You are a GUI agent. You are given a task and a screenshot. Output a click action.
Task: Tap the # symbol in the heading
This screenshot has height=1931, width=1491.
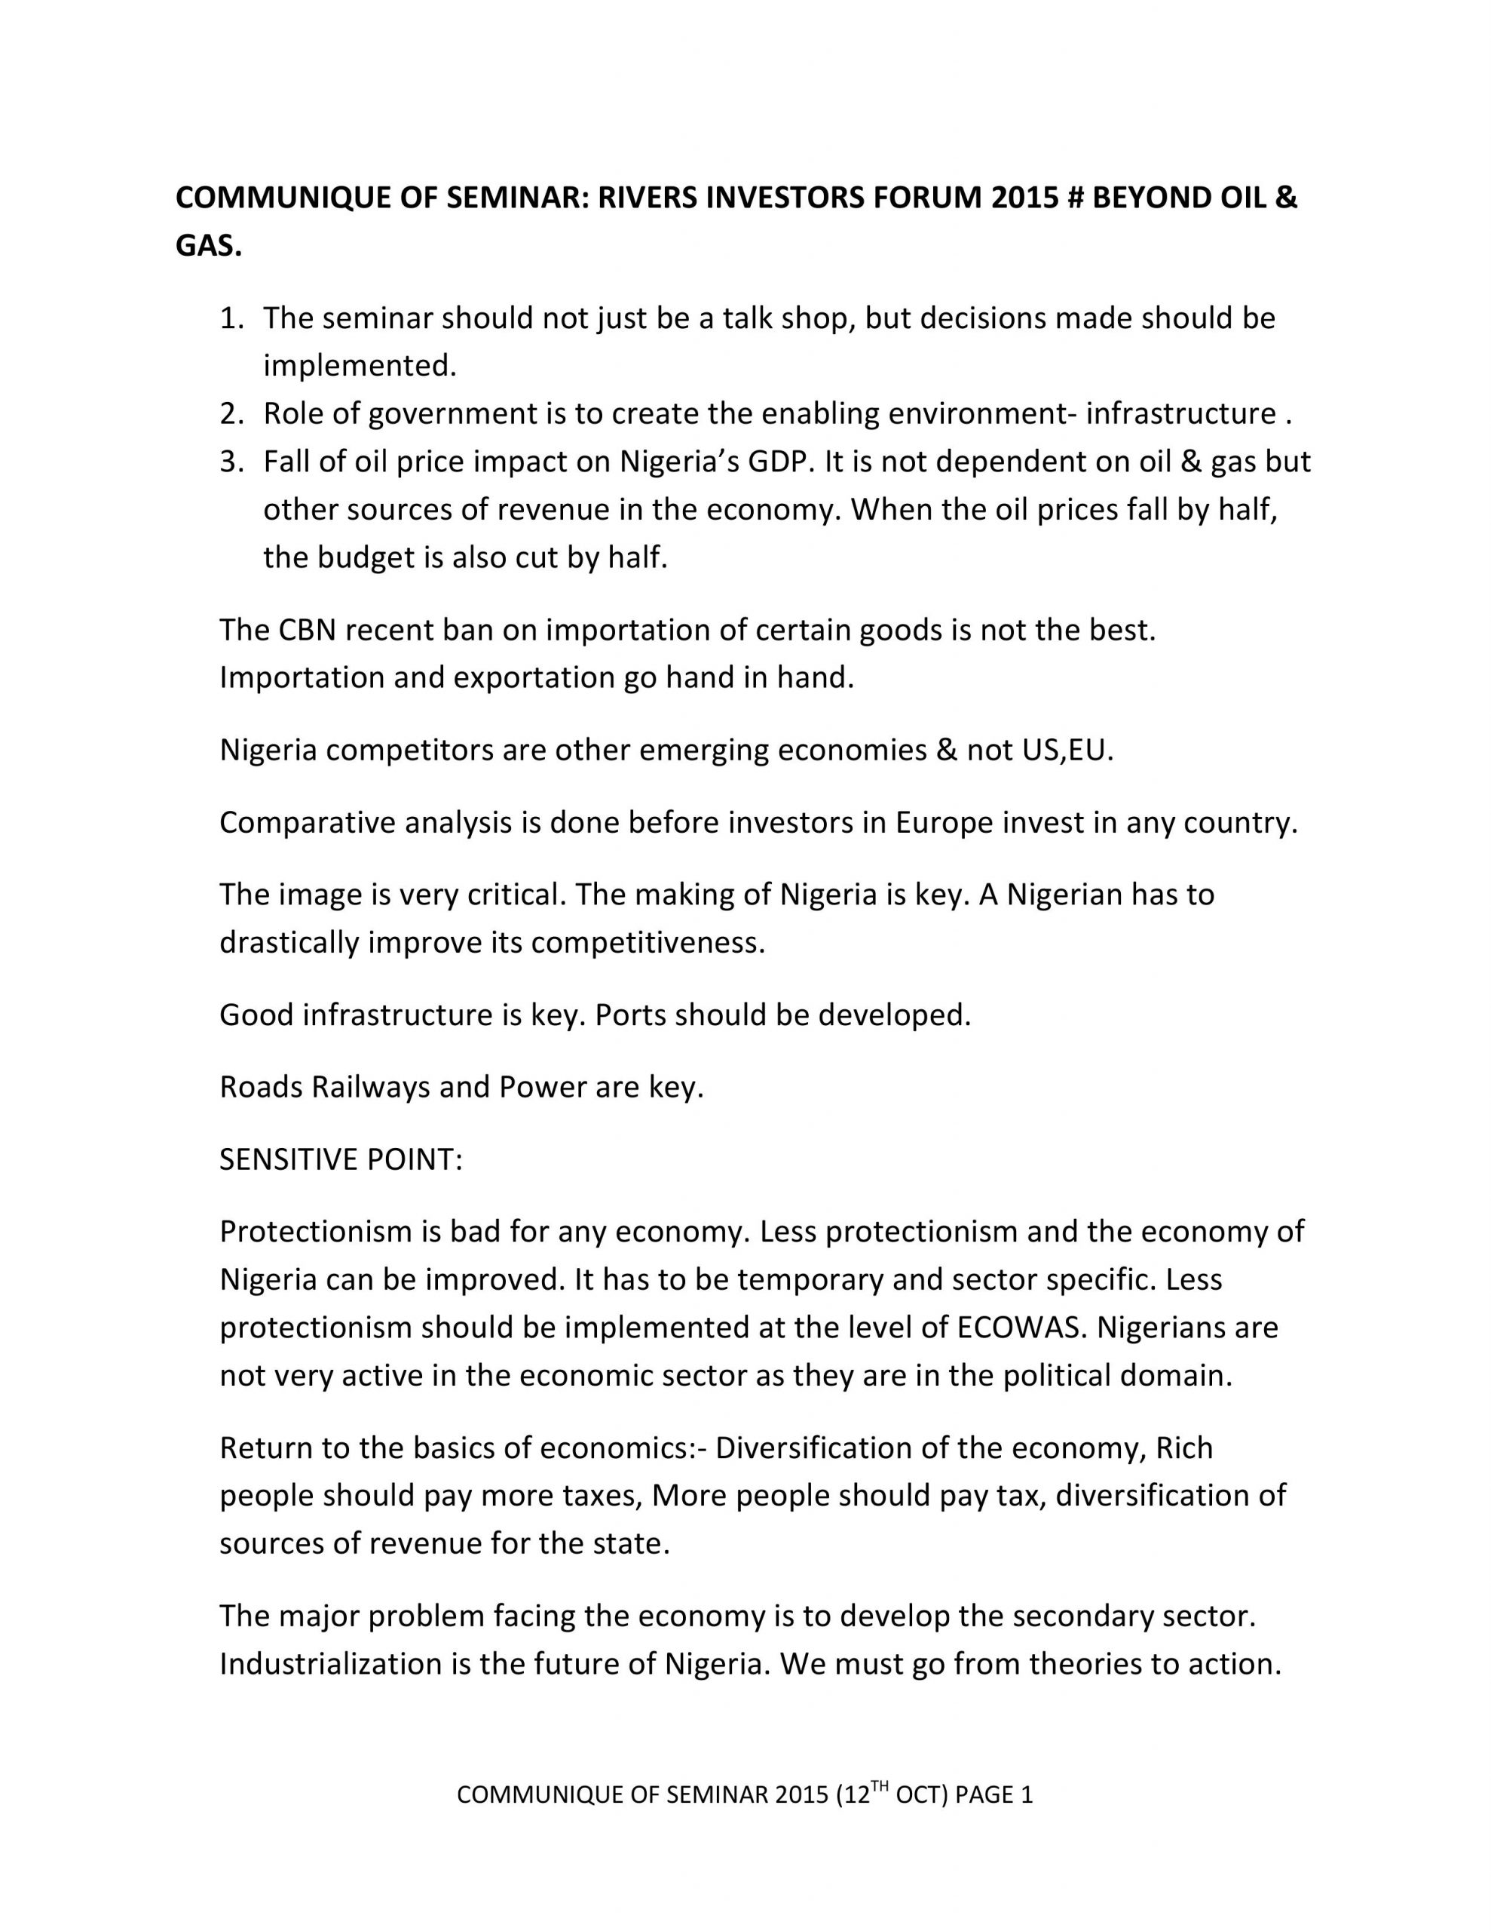pos(1074,198)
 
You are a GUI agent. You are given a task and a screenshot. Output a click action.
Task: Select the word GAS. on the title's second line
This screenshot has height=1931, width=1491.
pos(209,247)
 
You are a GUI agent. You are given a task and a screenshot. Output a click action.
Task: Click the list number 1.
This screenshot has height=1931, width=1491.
pos(230,318)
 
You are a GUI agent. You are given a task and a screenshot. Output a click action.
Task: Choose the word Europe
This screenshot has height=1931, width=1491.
pos(944,822)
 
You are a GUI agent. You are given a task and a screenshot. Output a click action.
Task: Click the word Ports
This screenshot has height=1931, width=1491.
pos(630,1014)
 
